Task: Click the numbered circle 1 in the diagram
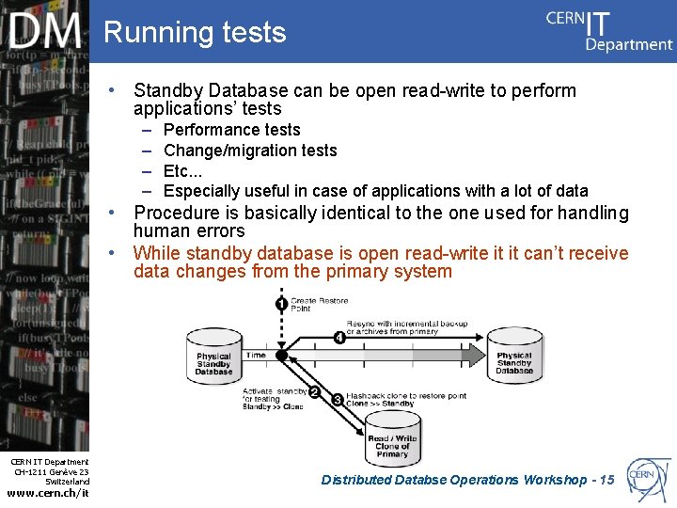point(280,303)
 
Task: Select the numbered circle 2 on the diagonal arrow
point(314,392)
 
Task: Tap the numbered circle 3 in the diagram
point(338,400)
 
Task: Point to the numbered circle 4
point(338,339)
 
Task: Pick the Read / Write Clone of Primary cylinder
point(392,440)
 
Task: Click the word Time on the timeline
point(256,356)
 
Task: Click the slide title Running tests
point(195,32)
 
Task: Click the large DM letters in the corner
point(46,32)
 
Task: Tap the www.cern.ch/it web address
point(48,493)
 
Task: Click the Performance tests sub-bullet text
point(231,130)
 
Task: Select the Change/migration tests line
point(249,151)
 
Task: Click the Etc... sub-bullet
point(183,171)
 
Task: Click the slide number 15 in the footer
point(606,480)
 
